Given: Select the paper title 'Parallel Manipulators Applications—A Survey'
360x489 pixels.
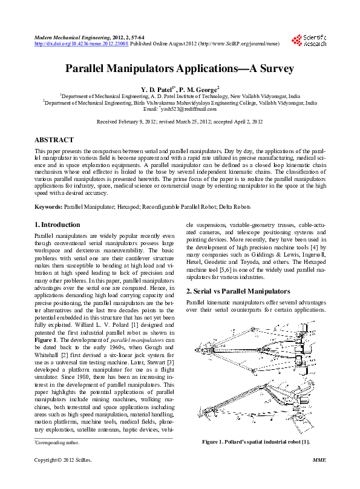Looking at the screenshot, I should (180, 68).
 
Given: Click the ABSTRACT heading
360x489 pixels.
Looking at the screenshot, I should (54, 140).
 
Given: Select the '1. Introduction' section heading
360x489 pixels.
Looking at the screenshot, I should (57, 225).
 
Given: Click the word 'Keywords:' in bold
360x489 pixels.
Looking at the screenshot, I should (48, 207).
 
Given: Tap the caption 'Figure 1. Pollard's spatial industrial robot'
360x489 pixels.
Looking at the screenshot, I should (255, 442).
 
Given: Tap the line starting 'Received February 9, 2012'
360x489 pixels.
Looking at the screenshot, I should (180, 122).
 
